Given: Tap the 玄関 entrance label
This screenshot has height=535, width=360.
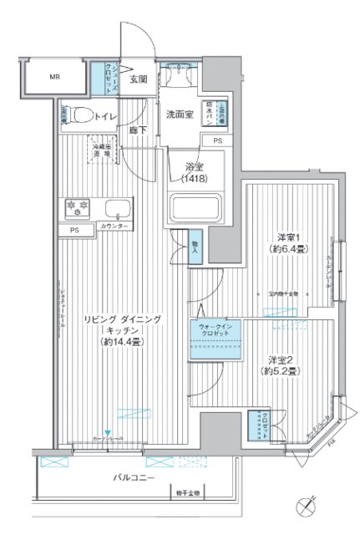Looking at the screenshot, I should point(139,79).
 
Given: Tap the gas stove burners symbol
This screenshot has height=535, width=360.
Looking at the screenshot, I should point(73,206).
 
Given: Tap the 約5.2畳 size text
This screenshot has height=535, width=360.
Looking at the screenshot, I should point(284,370).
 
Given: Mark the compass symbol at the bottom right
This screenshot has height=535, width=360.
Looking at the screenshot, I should point(307,505).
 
